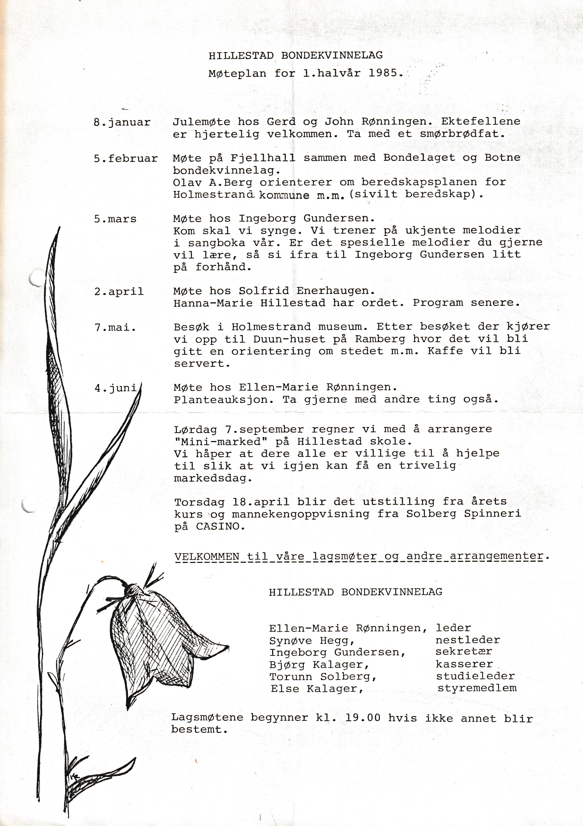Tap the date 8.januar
[x=122, y=122]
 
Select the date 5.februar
[x=126, y=158]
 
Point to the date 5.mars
[x=115, y=219]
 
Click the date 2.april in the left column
[x=119, y=291]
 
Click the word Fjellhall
[x=263, y=158]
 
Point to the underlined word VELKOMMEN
[x=207, y=556]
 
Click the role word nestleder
[x=468, y=640]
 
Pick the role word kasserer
[x=464, y=664]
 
